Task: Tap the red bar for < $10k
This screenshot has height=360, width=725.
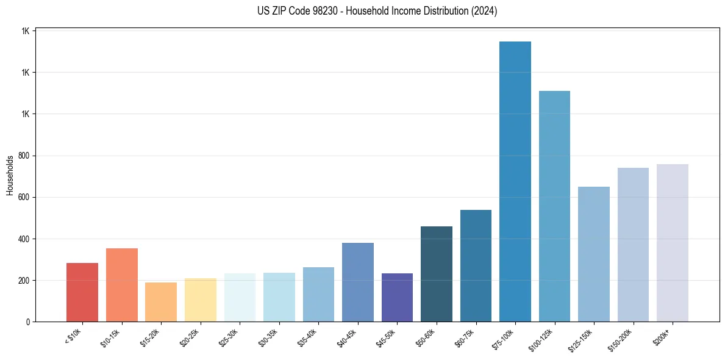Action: (82, 292)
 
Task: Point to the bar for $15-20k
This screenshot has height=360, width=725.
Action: (161, 302)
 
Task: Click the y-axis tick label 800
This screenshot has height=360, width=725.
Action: (24, 156)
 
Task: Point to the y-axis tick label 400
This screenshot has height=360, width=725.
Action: (24, 239)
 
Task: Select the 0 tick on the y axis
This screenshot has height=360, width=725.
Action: (28, 322)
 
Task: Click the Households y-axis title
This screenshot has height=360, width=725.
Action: (10, 176)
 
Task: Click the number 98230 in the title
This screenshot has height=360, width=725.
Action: (328, 11)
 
